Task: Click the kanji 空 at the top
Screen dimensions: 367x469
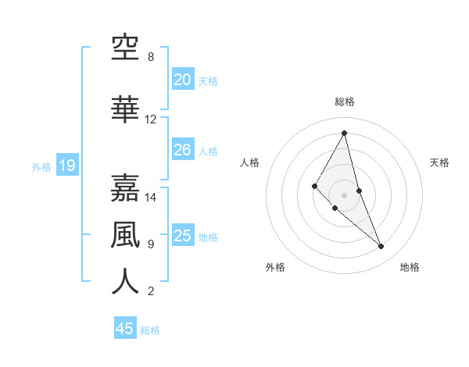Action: point(125,48)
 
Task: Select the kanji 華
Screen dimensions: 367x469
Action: point(125,110)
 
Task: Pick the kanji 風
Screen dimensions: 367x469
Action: point(125,235)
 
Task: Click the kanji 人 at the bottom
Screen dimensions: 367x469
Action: point(125,282)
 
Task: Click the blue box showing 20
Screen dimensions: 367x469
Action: point(183,80)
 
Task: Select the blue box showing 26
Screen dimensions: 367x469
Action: point(183,150)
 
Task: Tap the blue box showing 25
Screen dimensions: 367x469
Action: point(183,236)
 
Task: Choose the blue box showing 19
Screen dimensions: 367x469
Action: point(66,166)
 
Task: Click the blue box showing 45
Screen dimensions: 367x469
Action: point(125,329)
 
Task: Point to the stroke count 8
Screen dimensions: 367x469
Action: point(151,57)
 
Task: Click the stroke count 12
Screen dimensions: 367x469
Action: point(151,119)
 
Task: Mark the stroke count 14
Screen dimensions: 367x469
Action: point(151,198)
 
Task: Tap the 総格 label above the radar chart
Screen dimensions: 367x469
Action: point(345,102)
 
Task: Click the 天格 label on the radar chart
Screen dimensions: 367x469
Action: point(439,162)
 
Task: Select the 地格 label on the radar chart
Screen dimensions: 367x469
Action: point(410,267)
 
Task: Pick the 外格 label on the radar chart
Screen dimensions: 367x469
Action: point(275,267)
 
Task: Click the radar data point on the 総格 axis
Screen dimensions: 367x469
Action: point(345,133)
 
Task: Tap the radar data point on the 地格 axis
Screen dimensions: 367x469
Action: point(381,247)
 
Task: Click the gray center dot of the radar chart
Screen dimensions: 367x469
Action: point(345,195)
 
